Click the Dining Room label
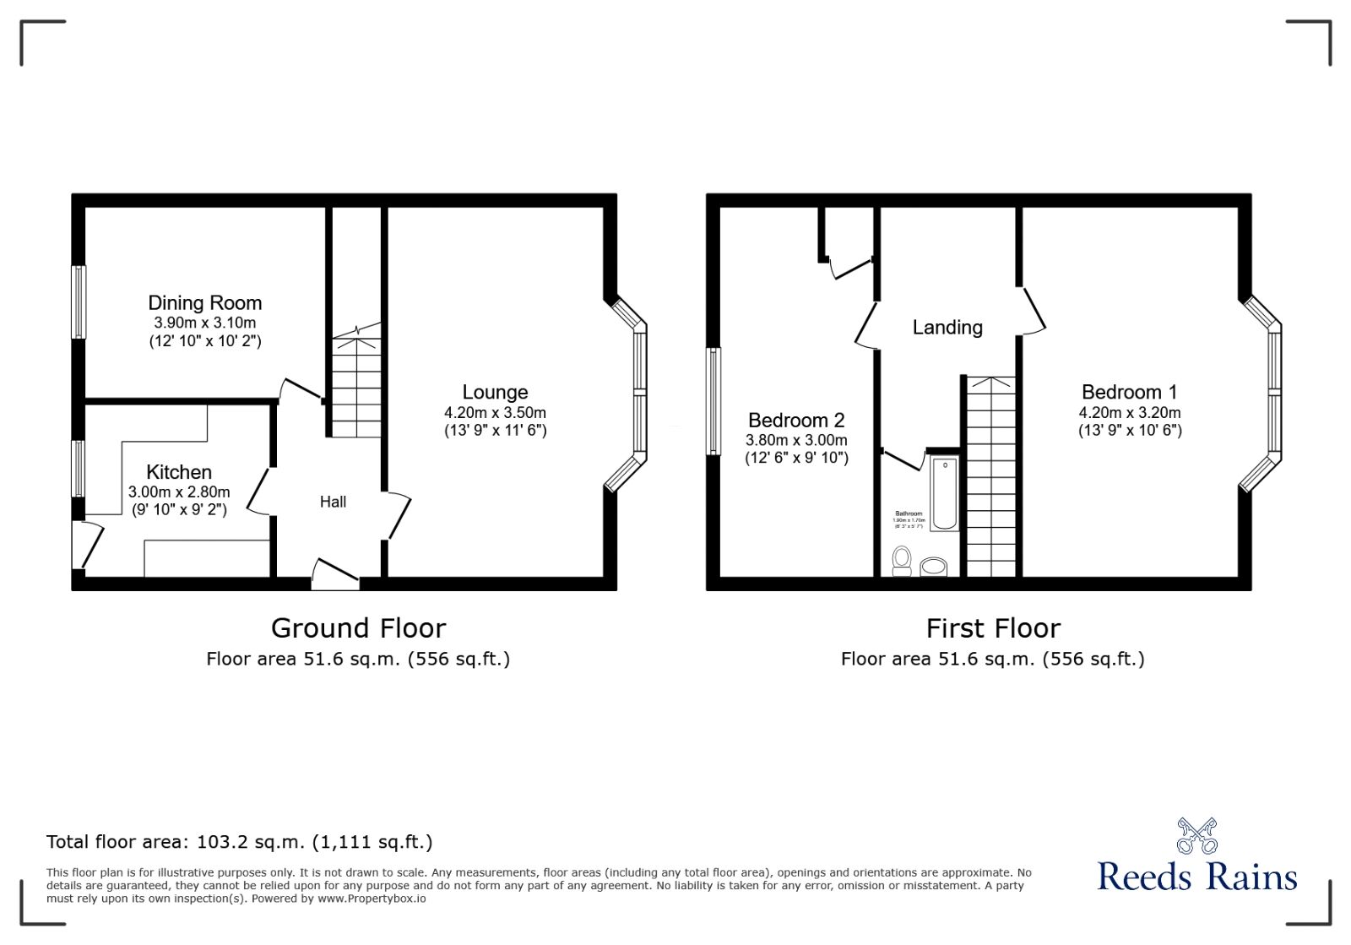pyautogui.click(x=204, y=303)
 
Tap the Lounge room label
pyautogui.click(x=495, y=393)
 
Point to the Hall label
pyautogui.click(x=333, y=502)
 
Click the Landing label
pyautogui.click(x=947, y=328)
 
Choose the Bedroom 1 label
pyautogui.click(x=1129, y=393)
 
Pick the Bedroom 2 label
pyautogui.click(x=796, y=421)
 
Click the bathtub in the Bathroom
pyautogui.click(x=944, y=493)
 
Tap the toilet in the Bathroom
pyautogui.click(x=902, y=560)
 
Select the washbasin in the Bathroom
pyautogui.click(x=933, y=566)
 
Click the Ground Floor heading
pyautogui.click(x=358, y=628)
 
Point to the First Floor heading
pyautogui.click(x=993, y=628)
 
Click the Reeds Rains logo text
pyautogui.click(x=1196, y=877)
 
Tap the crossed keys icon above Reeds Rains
pyautogui.click(x=1196, y=835)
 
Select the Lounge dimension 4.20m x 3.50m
pyautogui.click(x=495, y=413)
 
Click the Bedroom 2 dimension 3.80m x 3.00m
pyautogui.click(x=796, y=440)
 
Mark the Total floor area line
pyautogui.click(x=239, y=842)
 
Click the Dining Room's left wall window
pyautogui.click(x=79, y=302)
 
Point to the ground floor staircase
pyautogui.click(x=355, y=388)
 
